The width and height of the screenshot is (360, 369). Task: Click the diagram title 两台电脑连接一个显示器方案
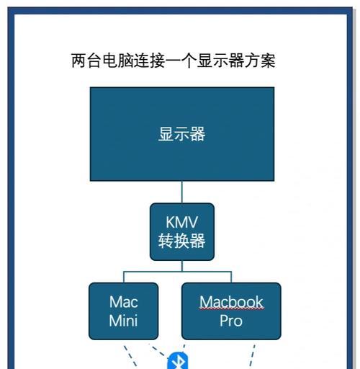tap(174, 61)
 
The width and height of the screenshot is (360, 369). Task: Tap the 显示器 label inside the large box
tap(182, 134)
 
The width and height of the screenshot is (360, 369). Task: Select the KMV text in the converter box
tap(182, 222)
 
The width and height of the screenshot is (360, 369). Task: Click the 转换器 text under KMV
tap(182, 241)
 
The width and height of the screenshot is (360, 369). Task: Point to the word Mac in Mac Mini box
tap(124, 302)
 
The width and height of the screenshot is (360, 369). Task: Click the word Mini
tap(123, 321)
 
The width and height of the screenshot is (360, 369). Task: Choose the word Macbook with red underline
tap(231, 302)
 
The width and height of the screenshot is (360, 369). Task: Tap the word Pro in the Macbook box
tap(231, 321)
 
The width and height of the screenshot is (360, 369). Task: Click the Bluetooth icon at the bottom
tap(178, 361)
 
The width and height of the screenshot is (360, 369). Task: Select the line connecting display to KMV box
tap(182, 192)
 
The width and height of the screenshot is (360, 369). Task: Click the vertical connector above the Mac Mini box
tap(124, 277)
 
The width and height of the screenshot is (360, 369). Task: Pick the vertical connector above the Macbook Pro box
tap(231, 277)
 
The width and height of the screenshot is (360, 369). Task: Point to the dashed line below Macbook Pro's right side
tap(252, 356)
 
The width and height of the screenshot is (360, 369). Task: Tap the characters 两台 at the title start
tap(86, 61)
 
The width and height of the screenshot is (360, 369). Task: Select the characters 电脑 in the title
tap(117, 61)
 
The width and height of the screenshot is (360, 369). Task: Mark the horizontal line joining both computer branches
tap(178, 272)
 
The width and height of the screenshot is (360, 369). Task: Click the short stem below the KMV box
tap(182, 266)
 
